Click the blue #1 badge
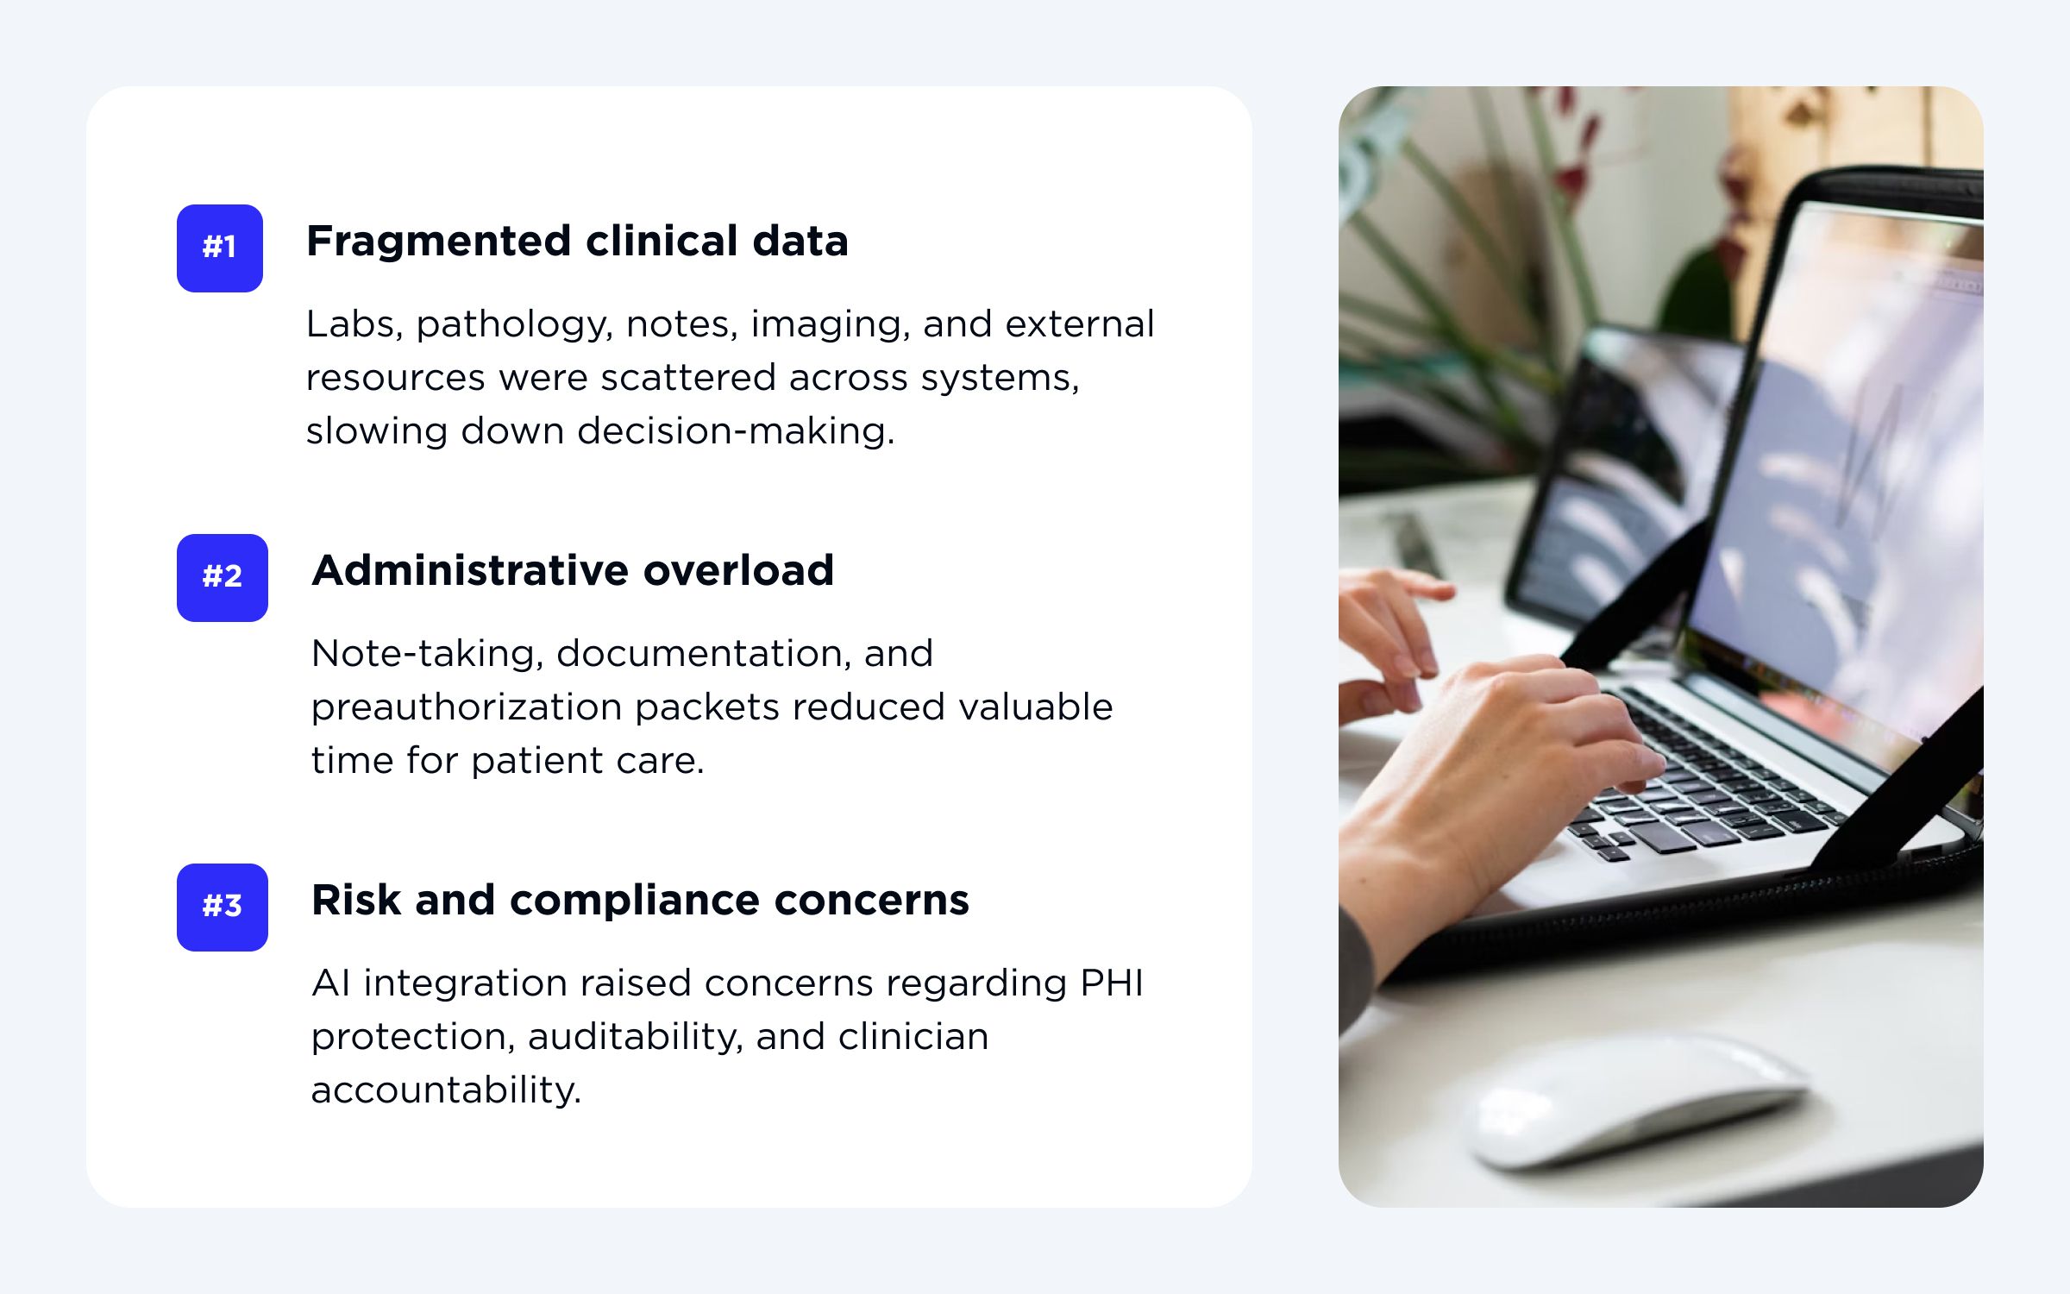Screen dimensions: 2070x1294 point(220,248)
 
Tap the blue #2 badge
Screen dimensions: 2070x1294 point(223,578)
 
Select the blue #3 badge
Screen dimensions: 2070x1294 point(223,908)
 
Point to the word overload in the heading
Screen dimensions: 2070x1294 point(738,570)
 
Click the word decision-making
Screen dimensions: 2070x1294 point(736,431)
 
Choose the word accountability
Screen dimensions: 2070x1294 point(446,1091)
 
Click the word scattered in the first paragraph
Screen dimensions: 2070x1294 point(687,378)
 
